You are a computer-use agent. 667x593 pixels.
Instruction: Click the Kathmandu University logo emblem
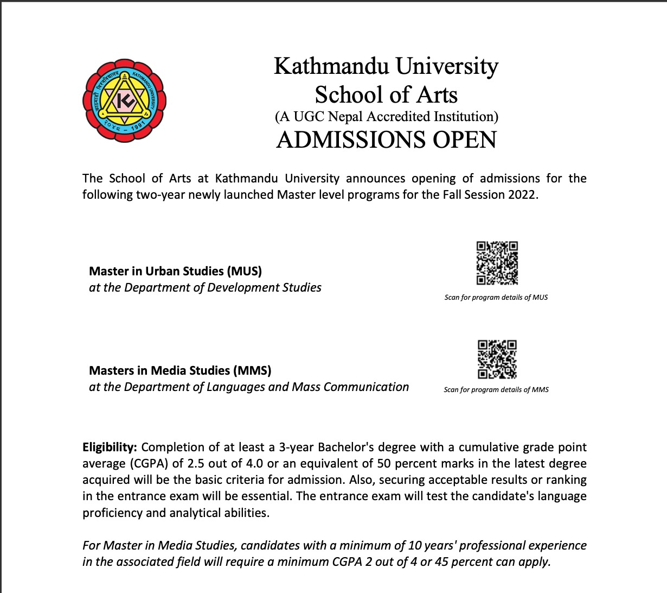pyautogui.click(x=124, y=100)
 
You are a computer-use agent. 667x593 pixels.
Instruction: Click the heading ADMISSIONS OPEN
pyautogui.click(x=386, y=140)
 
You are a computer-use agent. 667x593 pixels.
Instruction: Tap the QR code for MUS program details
pyautogui.click(x=497, y=263)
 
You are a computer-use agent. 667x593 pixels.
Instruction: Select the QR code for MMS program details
pyautogui.click(x=497, y=359)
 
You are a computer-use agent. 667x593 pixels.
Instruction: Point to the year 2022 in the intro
pyautogui.click(x=522, y=194)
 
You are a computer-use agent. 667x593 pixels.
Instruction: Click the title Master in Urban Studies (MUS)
pyautogui.click(x=175, y=271)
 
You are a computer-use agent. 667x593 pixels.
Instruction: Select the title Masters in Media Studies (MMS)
pyautogui.click(x=180, y=370)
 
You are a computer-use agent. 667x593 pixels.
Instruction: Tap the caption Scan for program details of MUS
pyautogui.click(x=496, y=298)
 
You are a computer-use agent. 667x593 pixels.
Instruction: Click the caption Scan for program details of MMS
pyautogui.click(x=496, y=390)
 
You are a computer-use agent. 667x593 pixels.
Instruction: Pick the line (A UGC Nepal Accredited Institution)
pyautogui.click(x=386, y=116)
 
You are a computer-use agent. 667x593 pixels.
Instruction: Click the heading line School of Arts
pyautogui.click(x=386, y=94)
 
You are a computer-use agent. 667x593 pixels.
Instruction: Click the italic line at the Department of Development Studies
pyautogui.click(x=205, y=287)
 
